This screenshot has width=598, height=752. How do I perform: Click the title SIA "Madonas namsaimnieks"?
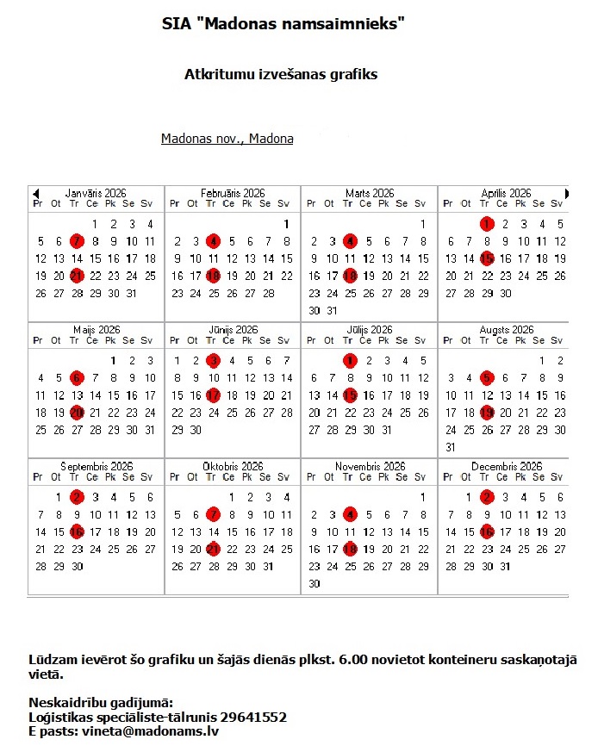pos(283,24)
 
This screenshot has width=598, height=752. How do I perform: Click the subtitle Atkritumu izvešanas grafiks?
pos(281,74)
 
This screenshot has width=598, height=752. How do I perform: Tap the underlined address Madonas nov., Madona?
pos(227,139)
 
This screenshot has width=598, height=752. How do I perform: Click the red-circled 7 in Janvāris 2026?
pos(77,241)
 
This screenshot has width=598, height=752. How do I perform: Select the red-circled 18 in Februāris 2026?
pos(214,276)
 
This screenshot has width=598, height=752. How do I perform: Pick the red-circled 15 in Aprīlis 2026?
pos(487,258)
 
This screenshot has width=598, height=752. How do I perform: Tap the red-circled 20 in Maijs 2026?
pos(77,413)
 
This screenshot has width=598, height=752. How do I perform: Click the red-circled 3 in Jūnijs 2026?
pos(214,361)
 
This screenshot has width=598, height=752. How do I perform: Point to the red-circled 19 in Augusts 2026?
pos(487,413)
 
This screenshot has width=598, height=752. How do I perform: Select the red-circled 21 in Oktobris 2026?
pos(214,549)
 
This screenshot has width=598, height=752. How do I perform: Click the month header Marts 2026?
pos(370,194)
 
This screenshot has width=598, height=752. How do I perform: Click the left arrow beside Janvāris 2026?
pos(35,193)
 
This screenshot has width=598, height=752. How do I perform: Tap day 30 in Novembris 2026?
pos(314,583)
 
